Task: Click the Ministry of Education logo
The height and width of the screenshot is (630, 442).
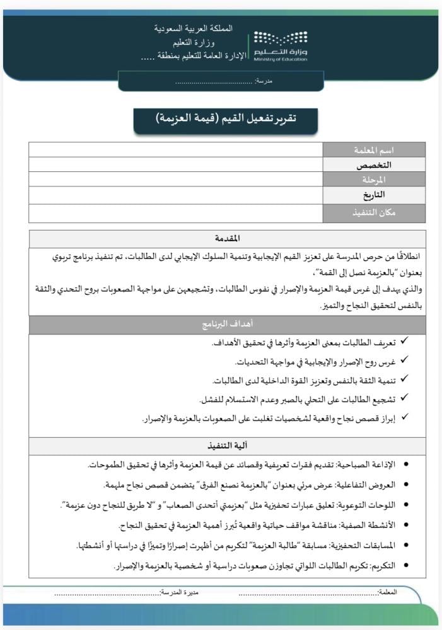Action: [281, 45]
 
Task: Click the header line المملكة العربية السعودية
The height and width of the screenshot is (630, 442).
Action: [193, 29]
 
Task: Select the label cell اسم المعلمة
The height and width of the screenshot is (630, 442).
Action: [374, 150]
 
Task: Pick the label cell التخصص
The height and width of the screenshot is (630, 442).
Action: [374, 164]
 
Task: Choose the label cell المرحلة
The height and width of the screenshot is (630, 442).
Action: [374, 180]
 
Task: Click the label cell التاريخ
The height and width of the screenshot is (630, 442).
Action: [374, 195]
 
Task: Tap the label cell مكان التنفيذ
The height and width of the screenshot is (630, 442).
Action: [374, 213]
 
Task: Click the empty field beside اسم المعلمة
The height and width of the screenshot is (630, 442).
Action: [175, 150]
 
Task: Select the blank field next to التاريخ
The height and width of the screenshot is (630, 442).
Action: [175, 195]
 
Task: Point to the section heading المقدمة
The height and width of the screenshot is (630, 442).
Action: [227, 239]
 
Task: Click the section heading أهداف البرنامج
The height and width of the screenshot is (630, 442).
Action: [227, 325]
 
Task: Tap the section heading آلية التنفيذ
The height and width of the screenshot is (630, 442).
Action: [227, 447]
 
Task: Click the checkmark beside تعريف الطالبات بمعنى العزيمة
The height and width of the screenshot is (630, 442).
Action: [404, 342]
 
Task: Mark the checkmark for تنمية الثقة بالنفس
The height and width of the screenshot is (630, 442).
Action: [404, 381]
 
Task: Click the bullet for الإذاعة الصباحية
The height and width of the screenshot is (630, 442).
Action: [405, 465]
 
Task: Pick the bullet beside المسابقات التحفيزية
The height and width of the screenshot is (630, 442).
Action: [405, 546]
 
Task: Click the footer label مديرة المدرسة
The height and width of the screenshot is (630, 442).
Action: [179, 593]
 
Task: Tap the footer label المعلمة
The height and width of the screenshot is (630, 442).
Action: [387, 593]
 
